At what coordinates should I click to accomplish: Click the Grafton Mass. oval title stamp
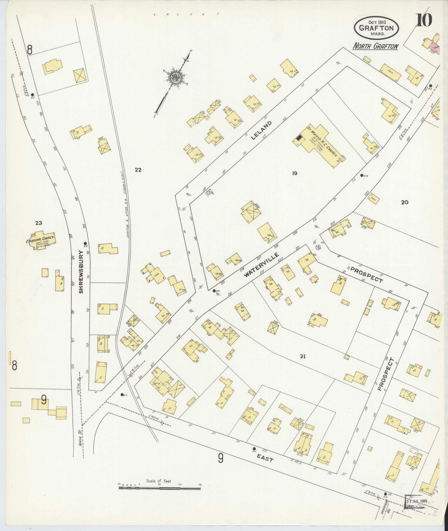(x=376, y=27)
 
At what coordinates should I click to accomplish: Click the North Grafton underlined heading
(x=375, y=46)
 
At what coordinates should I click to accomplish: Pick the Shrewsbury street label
(x=81, y=272)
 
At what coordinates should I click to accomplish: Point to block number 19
(x=294, y=173)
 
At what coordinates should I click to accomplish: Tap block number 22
(x=138, y=170)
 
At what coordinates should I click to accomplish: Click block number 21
(x=302, y=356)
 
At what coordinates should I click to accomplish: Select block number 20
(x=404, y=202)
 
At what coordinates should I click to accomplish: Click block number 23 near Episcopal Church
(x=39, y=223)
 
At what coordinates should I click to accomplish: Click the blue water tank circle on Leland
(x=208, y=192)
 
